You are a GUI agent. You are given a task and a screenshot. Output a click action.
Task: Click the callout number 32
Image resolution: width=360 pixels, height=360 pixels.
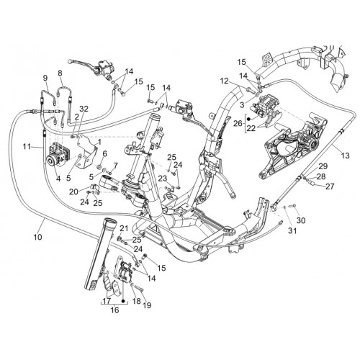84,109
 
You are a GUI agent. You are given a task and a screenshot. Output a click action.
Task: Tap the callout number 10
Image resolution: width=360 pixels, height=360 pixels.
38,237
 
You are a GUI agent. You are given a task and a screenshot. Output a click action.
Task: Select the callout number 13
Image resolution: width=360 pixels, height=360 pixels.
346,156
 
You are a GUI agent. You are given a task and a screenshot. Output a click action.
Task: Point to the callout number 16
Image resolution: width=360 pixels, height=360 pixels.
114,310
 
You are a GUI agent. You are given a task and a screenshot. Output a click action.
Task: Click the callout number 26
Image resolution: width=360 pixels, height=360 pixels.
238,124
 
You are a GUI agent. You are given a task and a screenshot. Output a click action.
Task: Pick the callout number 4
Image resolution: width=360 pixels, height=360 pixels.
58,179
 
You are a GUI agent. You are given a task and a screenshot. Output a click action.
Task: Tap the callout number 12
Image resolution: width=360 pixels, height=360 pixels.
225,81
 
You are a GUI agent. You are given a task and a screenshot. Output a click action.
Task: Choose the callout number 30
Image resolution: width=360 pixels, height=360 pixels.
301,220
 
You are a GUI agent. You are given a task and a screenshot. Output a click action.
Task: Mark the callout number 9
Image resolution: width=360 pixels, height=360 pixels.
45,78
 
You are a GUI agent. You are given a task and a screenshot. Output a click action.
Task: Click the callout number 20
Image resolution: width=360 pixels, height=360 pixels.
73,192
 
